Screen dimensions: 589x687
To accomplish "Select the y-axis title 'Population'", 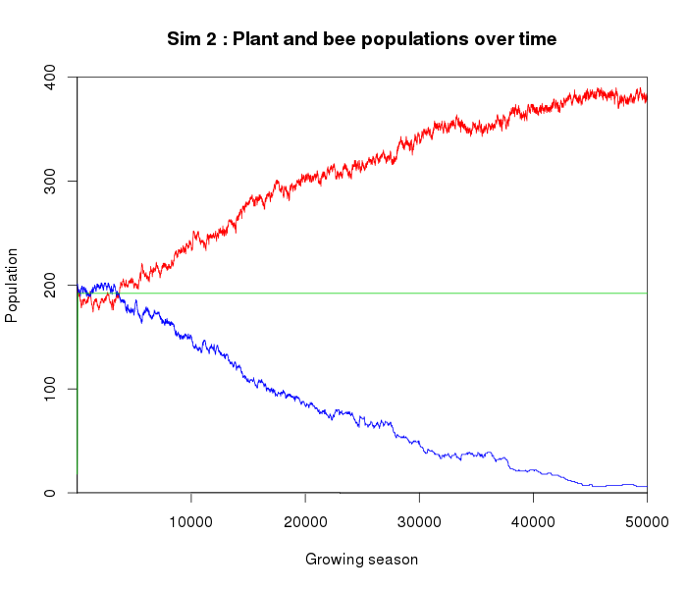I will tap(12, 285).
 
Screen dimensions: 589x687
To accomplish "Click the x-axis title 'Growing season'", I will tap(361, 560).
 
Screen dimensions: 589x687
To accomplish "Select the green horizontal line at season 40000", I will tap(533, 293).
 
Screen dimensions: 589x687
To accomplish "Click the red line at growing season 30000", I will tap(419, 139).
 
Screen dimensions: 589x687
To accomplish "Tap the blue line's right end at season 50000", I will tap(646, 486).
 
